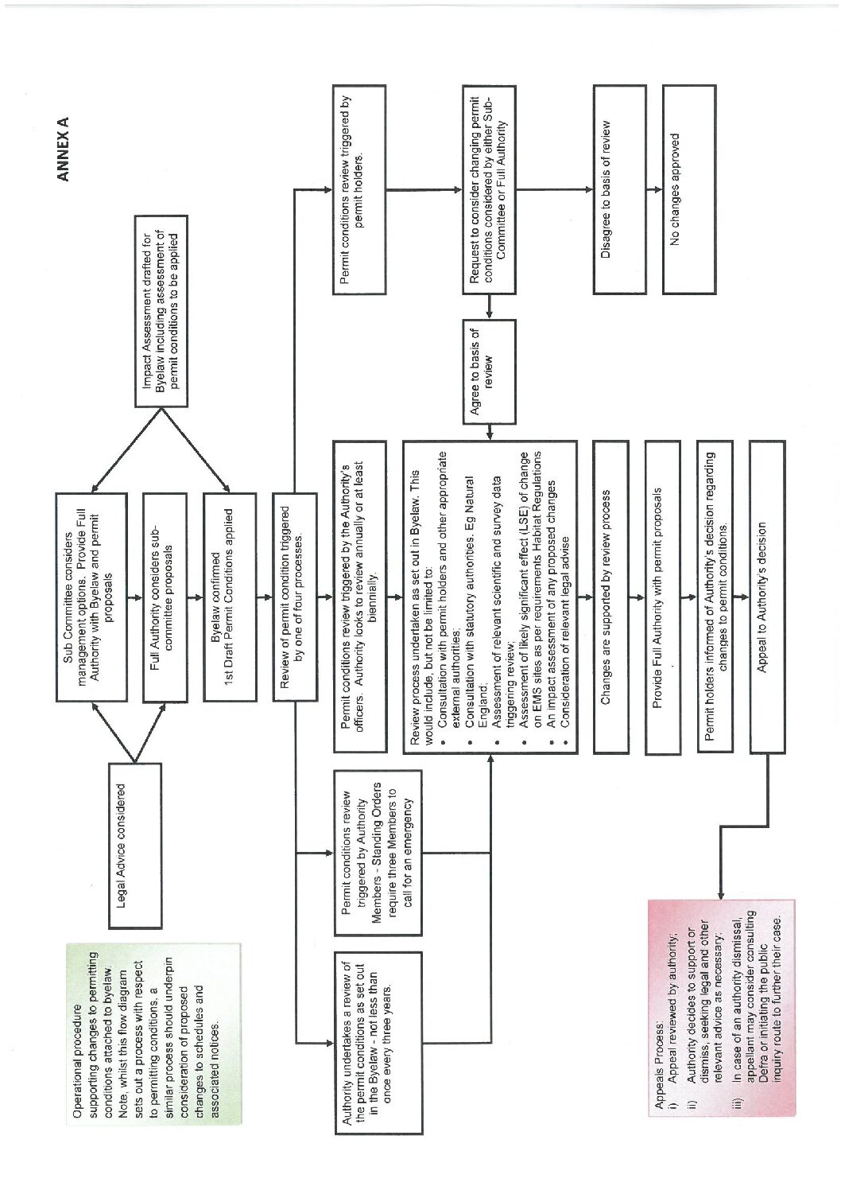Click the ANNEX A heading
(63, 149)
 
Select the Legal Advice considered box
(135, 846)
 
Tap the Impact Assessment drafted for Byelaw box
(161, 311)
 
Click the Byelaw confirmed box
(230, 597)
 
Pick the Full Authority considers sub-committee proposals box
(165, 597)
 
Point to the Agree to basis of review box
(489, 371)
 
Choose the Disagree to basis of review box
(619, 189)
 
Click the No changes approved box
(689, 189)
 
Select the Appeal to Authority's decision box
(767, 597)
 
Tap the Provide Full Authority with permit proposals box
(663, 597)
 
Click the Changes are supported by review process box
(610, 597)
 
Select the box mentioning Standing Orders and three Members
(378, 852)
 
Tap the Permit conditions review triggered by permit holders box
(359, 189)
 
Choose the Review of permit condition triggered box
(295, 597)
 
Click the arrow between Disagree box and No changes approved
(655, 189)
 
